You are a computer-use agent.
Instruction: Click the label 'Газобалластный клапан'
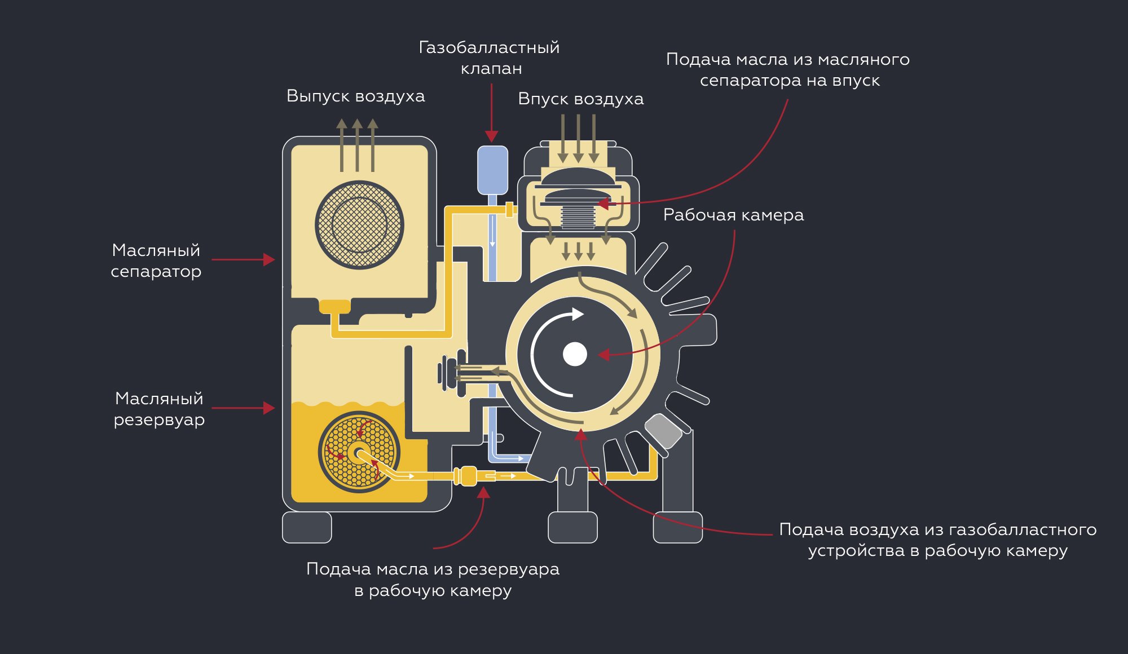(x=490, y=58)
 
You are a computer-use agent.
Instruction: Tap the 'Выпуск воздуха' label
(x=355, y=96)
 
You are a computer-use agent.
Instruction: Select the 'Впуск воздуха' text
(x=580, y=99)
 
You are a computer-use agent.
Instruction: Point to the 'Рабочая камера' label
(x=733, y=215)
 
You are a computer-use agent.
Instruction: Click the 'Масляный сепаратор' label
(x=156, y=260)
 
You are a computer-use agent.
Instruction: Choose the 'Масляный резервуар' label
(x=159, y=409)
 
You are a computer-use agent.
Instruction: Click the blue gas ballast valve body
(x=492, y=170)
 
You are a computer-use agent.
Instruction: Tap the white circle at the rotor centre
(x=575, y=354)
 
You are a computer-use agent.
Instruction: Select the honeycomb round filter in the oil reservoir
(x=359, y=452)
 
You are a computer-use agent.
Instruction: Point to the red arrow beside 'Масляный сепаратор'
(x=244, y=259)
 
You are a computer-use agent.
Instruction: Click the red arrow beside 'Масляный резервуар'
(x=244, y=408)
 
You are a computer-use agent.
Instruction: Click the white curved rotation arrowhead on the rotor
(x=577, y=314)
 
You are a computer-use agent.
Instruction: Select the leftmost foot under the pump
(x=307, y=527)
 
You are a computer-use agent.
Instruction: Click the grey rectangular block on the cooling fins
(x=663, y=431)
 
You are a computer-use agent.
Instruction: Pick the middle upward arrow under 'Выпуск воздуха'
(x=357, y=144)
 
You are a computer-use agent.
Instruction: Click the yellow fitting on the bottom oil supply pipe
(x=466, y=476)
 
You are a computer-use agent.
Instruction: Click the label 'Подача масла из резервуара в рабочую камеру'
(x=433, y=579)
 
